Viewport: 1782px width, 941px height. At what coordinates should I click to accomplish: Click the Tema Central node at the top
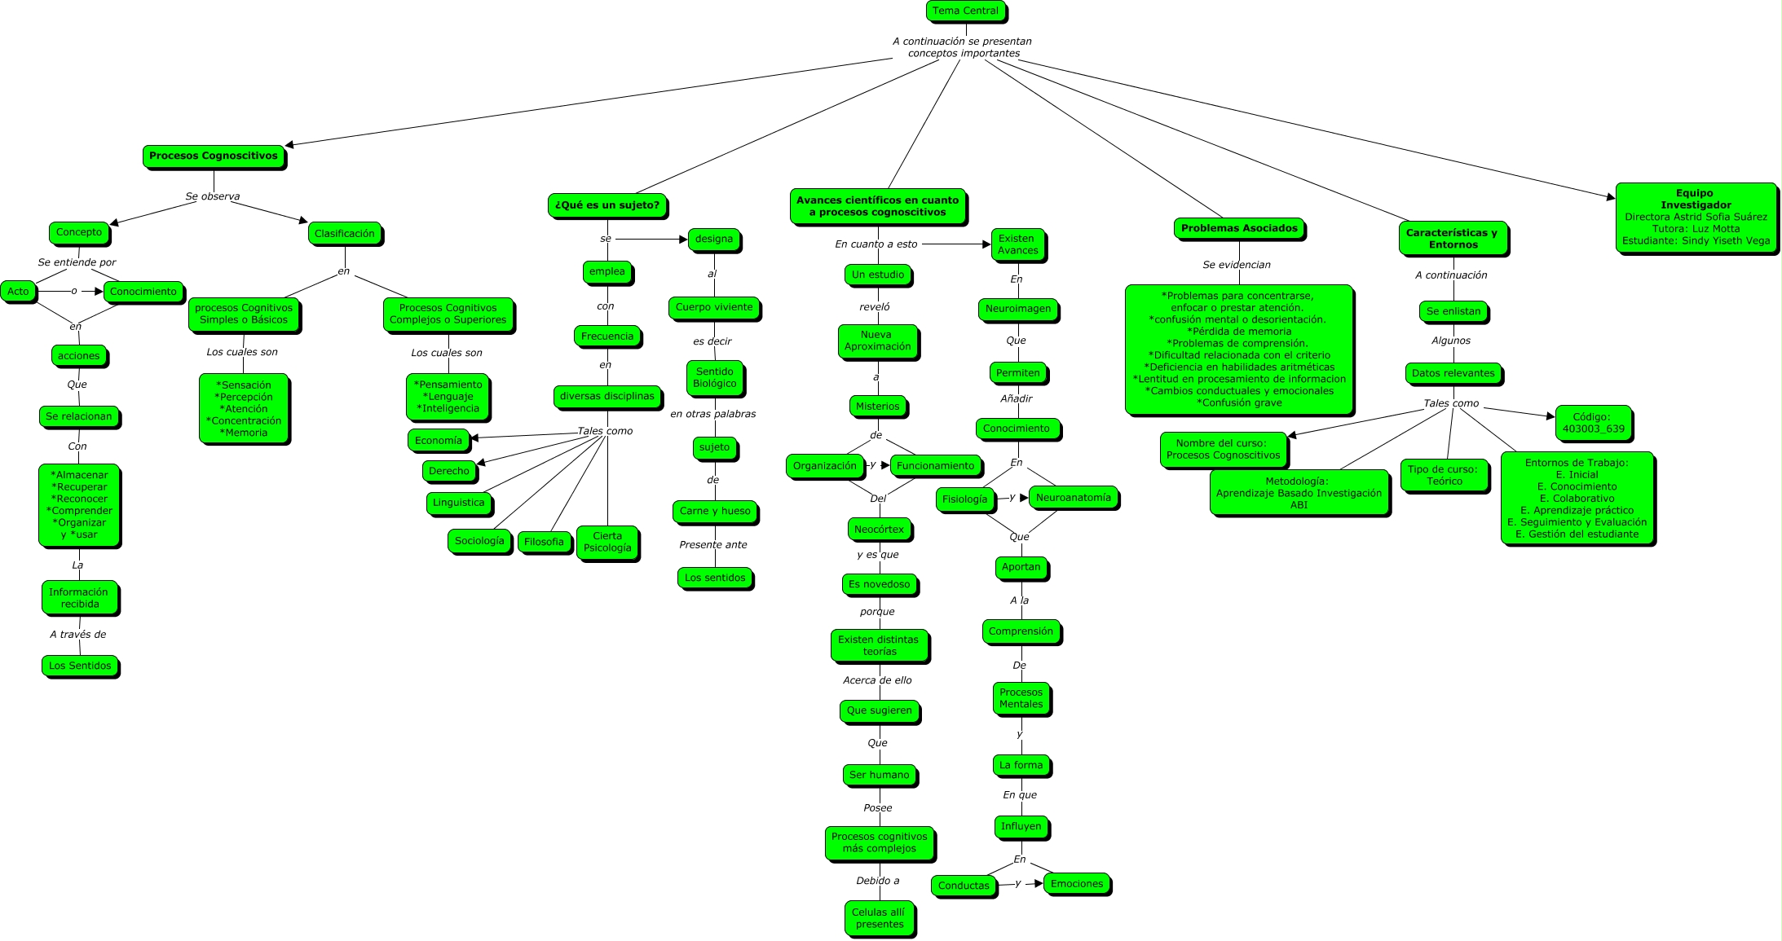(965, 11)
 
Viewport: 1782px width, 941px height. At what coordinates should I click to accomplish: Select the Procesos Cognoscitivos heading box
(214, 156)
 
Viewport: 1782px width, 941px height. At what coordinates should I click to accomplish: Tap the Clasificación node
(345, 234)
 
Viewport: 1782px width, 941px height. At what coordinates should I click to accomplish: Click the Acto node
(18, 292)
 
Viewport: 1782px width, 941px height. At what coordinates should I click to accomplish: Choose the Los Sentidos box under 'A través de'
(80, 666)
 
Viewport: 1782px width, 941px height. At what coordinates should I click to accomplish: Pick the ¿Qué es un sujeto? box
(607, 205)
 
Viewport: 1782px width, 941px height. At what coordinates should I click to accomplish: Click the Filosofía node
(544, 542)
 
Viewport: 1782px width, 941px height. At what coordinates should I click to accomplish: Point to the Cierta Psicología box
(607, 543)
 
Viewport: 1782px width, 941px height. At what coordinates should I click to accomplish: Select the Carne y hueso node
(715, 512)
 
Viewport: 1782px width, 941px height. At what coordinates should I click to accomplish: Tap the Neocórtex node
(879, 530)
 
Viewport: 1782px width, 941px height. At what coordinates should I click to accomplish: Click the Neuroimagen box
(1018, 310)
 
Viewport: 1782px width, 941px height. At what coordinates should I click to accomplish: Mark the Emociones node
(1077, 884)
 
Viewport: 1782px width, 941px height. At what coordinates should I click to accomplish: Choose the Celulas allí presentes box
(879, 918)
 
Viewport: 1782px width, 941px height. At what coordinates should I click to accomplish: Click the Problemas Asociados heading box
(1239, 229)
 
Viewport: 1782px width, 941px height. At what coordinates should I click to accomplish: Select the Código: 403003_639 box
(1593, 423)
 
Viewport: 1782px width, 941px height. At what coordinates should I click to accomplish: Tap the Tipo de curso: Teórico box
(1444, 475)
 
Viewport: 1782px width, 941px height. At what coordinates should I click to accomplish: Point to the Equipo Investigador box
(1696, 218)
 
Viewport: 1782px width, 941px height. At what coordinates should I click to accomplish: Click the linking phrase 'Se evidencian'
(1237, 265)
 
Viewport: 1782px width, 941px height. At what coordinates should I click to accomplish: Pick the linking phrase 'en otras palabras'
(713, 414)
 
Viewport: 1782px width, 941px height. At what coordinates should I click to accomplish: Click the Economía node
(439, 441)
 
